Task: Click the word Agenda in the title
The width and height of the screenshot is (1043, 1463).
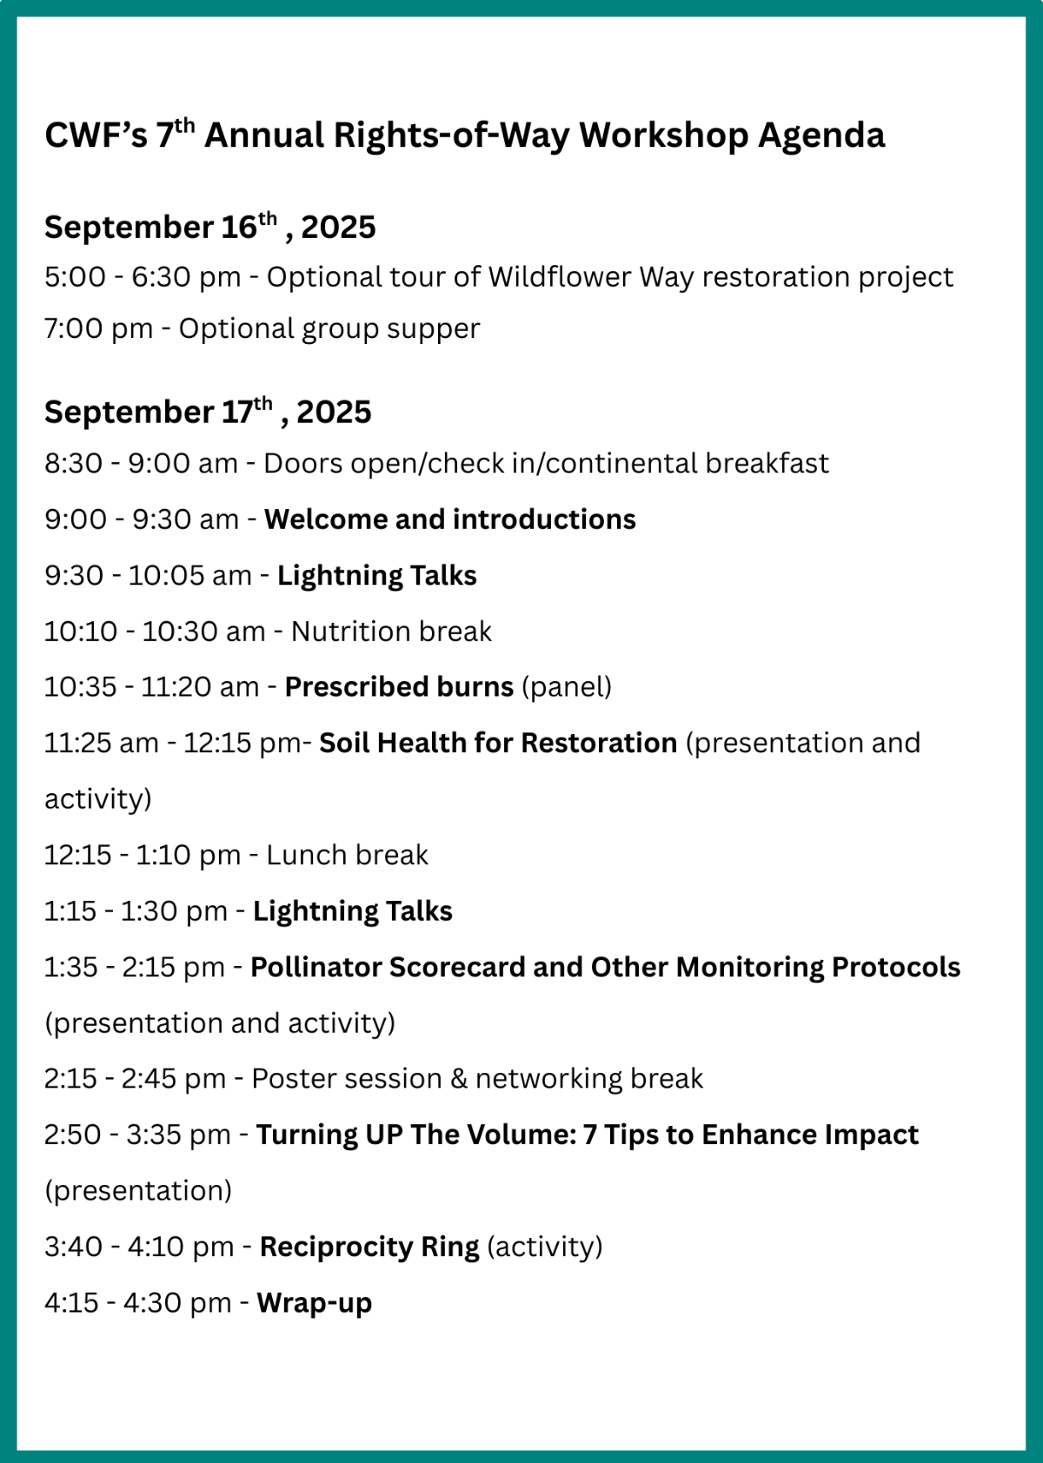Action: pyautogui.click(x=821, y=136)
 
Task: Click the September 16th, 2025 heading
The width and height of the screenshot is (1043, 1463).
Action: pyautogui.click(x=209, y=227)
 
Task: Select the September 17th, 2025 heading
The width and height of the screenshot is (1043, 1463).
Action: pyautogui.click(x=208, y=412)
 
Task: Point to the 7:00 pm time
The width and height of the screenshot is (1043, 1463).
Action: pyautogui.click(x=98, y=328)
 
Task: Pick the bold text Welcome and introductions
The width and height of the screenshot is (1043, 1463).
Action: pyautogui.click(x=449, y=520)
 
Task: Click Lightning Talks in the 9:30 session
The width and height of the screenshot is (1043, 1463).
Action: pyautogui.click(x=377, y=576)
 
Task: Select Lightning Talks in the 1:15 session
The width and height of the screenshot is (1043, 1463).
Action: pyautogui.click(x=353, y=911)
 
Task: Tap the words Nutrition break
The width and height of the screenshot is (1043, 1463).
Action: pyautogui.click(x=391, y=632)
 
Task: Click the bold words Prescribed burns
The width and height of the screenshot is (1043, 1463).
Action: pyautogui.click(x=399, y=688)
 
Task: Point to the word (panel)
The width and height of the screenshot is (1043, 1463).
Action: pyautogui.click(x=567, y=688)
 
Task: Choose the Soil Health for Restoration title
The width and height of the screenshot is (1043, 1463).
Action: pyautogui.click(x=498, y=744)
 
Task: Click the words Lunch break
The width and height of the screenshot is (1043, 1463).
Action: pyautogui.click(x=347, y=856)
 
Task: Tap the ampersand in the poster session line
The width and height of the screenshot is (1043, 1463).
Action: pyautogui.click(x=459, y=1079)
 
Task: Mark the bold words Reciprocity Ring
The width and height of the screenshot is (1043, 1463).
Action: pyautogui.click(x=369, y=1248)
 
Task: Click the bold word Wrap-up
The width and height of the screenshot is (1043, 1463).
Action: pyautogui.click(x=315, y=1304)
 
